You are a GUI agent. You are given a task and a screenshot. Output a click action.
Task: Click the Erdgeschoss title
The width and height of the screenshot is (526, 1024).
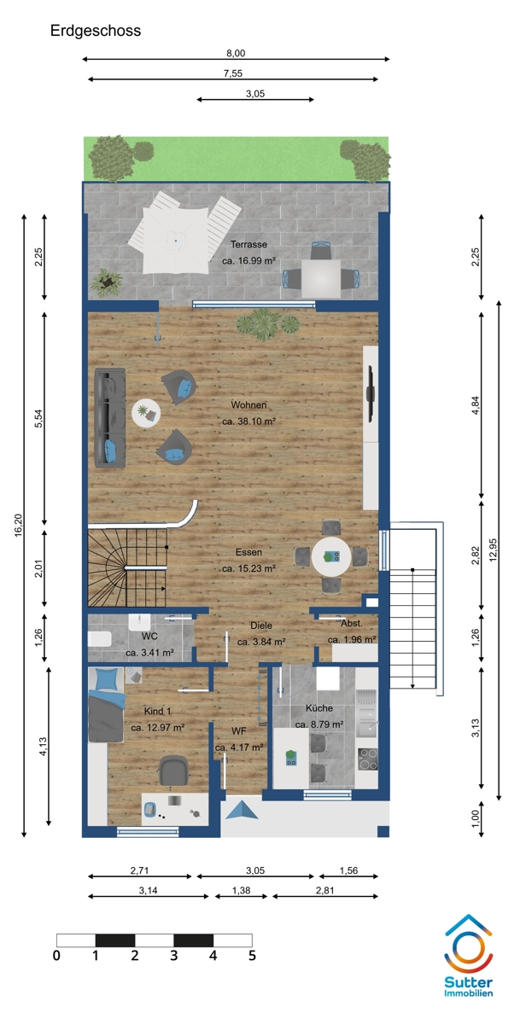[x=95, y=31]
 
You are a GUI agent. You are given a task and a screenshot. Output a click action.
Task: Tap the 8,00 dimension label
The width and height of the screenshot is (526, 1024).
[x=236, y=53]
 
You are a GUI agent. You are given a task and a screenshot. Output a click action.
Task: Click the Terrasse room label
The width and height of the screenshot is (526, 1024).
[x=248, y=244]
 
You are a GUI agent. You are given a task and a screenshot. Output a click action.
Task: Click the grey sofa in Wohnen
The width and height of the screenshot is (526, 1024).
[x=110, y=418]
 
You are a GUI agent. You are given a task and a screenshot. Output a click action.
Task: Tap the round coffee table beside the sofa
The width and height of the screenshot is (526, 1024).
[x=146, y=413]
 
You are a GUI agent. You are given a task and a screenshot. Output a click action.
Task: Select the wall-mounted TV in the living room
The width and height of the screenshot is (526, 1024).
[x=371, y=393]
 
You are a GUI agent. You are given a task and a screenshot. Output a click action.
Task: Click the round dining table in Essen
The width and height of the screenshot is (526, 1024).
[x=331, y=556]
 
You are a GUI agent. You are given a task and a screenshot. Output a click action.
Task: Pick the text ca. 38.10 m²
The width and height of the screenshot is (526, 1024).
[x=248, y=421]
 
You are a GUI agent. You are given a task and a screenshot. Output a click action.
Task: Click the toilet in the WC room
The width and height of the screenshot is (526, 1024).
[x=99, y=638]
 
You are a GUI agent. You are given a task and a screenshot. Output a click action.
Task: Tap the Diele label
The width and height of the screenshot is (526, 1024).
[x=260, y=625]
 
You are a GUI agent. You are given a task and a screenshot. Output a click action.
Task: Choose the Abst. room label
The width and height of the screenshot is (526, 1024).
[x=351, y=623]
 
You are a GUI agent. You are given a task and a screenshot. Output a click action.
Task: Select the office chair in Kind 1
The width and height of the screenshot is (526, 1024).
[x=172, y=771]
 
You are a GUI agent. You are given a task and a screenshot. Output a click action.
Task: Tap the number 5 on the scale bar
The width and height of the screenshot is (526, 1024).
[x=252, y=956]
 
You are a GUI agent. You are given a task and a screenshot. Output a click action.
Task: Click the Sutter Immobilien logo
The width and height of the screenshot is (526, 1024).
[x=469, y=955]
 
